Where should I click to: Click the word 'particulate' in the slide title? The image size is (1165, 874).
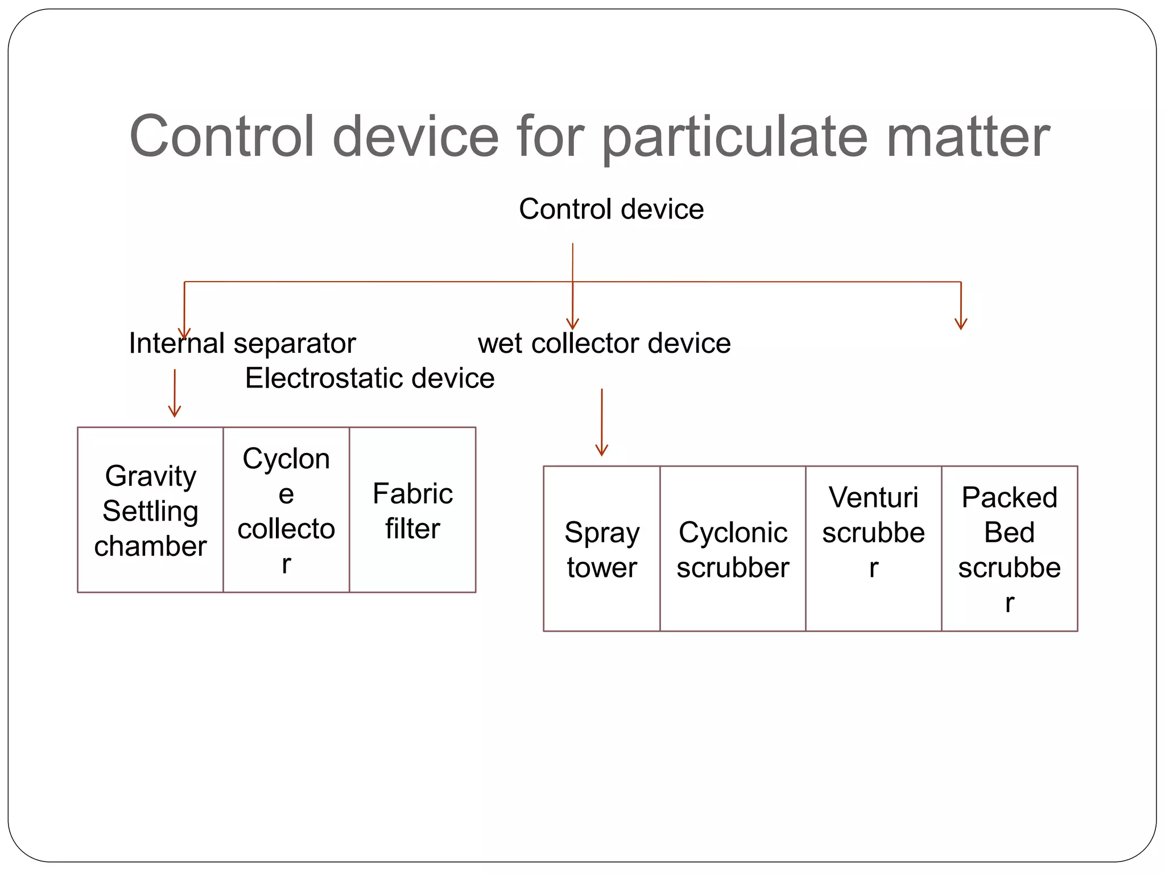click(x=735, y=138)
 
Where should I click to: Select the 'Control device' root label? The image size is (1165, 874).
click(x=611, y=209)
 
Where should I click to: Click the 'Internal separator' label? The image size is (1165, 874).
click(x=242, y=343)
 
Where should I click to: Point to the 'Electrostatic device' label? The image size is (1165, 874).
click(x=370, y=378)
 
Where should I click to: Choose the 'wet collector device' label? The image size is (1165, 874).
click(x=604, y=343)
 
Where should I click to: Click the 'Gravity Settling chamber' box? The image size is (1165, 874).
click(x=150, y=510)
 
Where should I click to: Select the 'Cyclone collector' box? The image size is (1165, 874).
click(x=286, y=510)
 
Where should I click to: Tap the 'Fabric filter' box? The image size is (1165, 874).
click(x=412, y=510)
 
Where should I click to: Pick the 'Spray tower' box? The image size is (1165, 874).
click(x=602, y=549)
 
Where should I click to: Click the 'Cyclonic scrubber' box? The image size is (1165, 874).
click(x=733, y=549)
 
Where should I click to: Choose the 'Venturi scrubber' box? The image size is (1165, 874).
click(x=873, y=549)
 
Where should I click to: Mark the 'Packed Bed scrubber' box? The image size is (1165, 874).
click(x=1009, y=549)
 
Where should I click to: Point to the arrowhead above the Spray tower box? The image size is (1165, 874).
click(x=602, y=450)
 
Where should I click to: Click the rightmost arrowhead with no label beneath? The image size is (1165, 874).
click(x=961, y=324)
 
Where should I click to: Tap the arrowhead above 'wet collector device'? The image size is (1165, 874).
click(x=572, y=324)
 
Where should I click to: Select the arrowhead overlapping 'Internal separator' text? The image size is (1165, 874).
click(x=184, y=333)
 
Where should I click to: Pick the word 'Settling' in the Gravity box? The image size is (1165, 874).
click(x=150, y=511)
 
